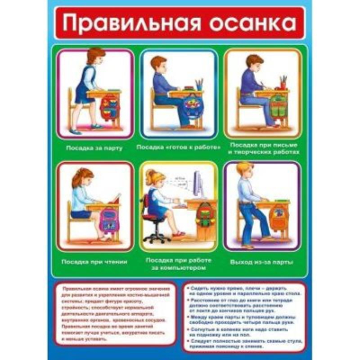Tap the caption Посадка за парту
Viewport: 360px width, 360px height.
coord(94,144)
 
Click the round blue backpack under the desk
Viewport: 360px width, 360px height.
coord(191,116)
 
